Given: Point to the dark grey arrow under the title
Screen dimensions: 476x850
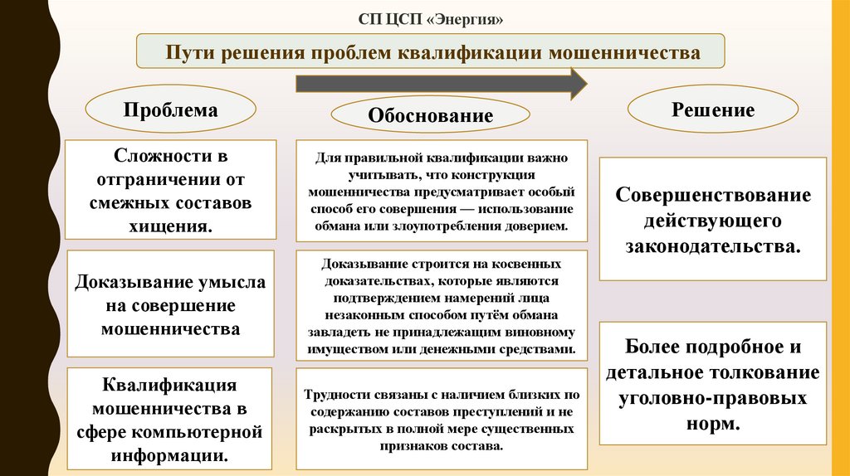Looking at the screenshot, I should (x=441, y=83).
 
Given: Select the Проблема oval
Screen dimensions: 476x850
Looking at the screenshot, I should (x=171, y=110).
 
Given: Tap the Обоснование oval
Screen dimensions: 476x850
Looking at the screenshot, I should (x=431, y=116).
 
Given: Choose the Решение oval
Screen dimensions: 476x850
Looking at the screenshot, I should (x=712, y=109).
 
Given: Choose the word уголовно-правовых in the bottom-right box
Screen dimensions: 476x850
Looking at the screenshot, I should (x=712, y=398).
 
